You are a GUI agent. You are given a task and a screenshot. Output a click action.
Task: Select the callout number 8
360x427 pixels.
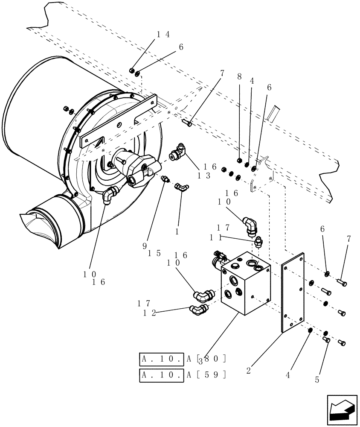pos(239,77)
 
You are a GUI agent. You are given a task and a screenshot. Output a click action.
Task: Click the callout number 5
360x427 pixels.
pos(317,378)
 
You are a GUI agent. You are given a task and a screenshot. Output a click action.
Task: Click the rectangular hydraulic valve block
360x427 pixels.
pos(245,284)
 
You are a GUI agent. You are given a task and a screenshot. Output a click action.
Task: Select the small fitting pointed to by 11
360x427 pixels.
pos(257,243)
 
